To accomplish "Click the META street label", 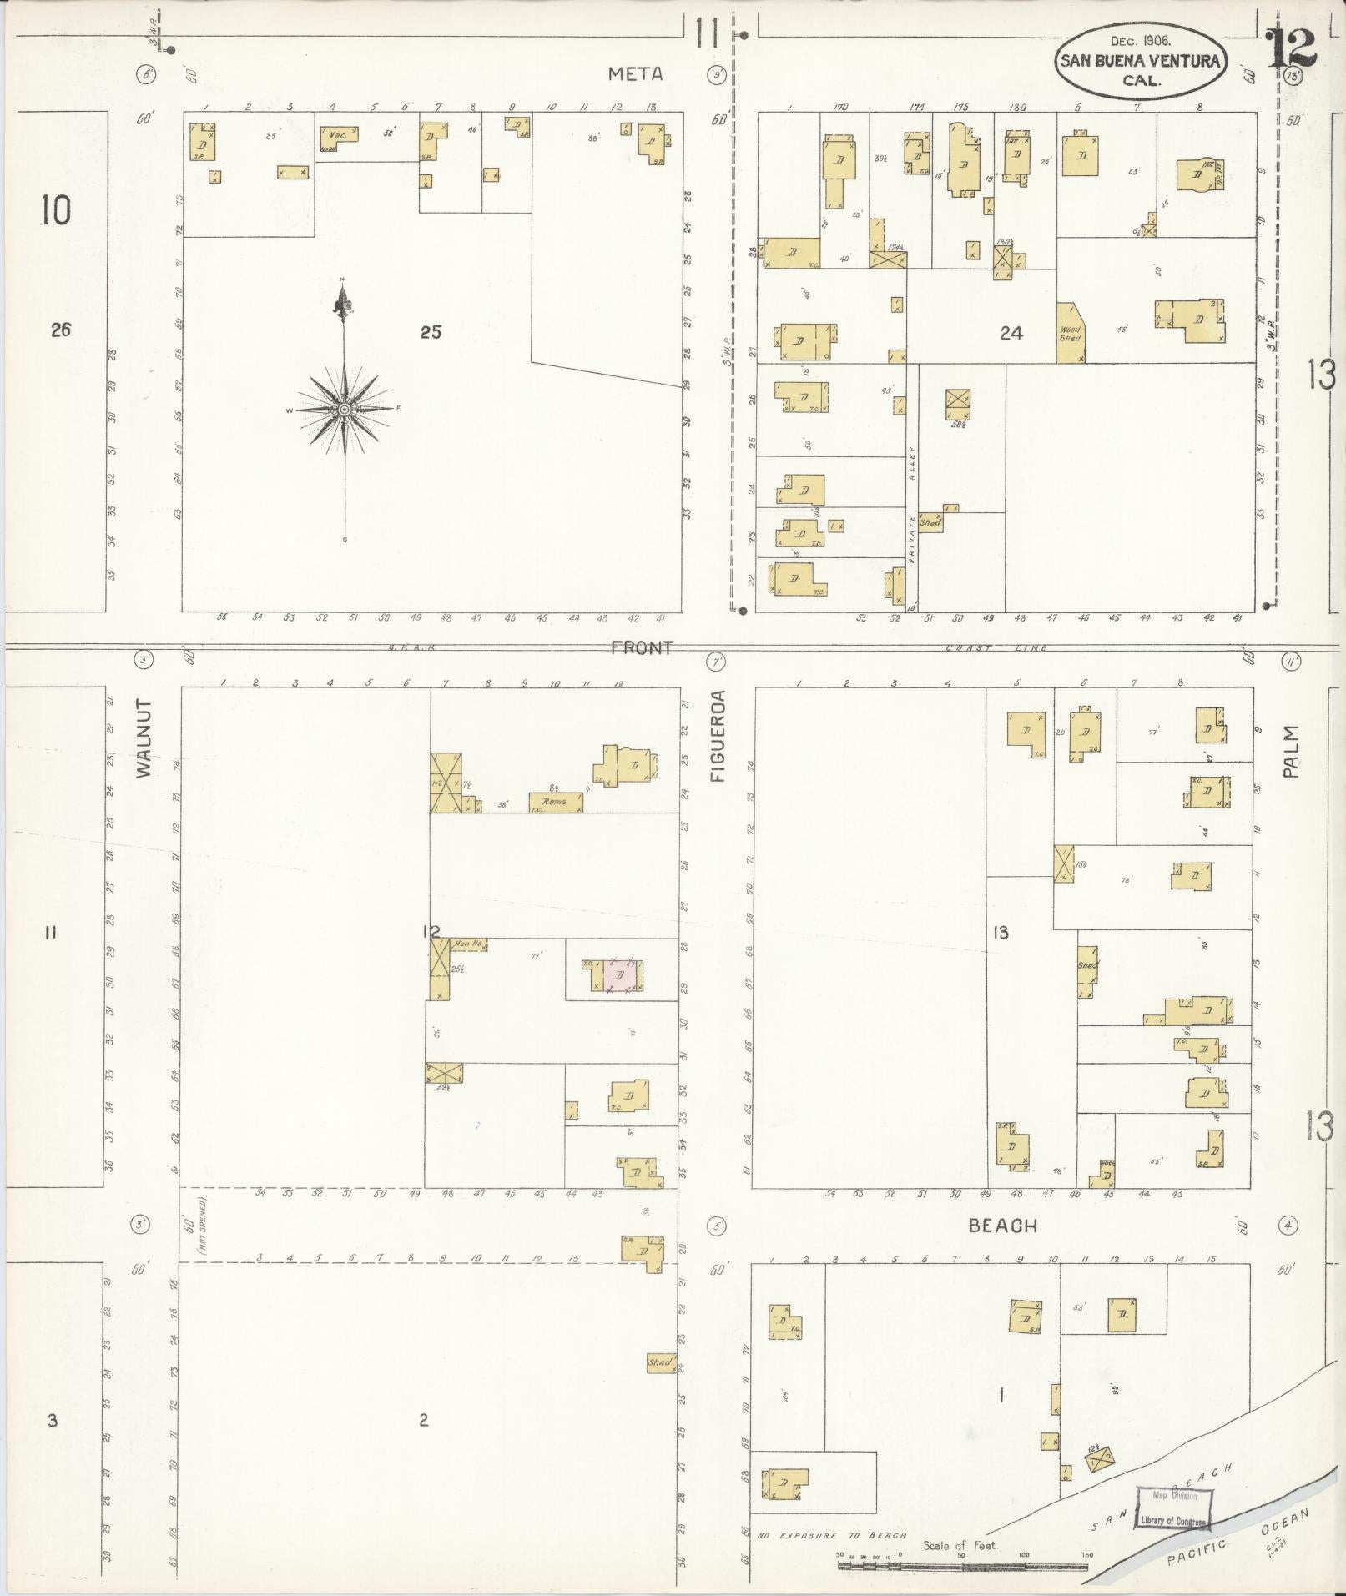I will pos(635,74).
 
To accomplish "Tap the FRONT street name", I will pos(641,648).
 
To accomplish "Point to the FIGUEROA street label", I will pos(719,736).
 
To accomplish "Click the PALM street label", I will pos(1292,752).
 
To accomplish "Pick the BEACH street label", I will pos(1003,1226).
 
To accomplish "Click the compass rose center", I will pos(344,409).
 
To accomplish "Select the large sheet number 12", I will pos(1291,48).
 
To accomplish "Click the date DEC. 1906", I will pos(1141,40).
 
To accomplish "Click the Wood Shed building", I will pos(1070,334).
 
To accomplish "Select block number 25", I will pos(431,332).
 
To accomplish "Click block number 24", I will pos(1011,334).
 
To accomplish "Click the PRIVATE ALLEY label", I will pos(913,509).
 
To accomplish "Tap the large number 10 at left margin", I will pos(57,210).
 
